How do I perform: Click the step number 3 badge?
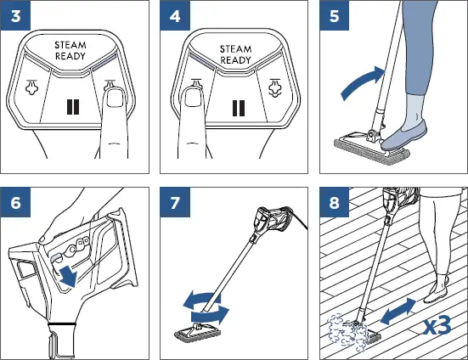click(15, 15)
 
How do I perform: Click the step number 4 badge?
click(175, 15)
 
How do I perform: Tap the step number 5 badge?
click(335, 15)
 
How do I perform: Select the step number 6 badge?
click(15, 202)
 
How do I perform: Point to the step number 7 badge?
click(175, 202)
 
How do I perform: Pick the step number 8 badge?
click(335, 202)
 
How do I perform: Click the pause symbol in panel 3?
click(73, 107)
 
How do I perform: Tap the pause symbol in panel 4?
click(239, 108)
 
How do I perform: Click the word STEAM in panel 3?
click(70, 45)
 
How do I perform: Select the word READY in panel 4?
click(235, 60)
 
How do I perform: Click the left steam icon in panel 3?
click(31, 87)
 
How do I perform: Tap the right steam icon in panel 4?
click(274, 87)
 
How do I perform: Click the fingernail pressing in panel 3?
click(115, 98)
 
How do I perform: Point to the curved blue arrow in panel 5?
click(361, 82)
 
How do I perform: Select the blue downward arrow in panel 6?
click(68, 277)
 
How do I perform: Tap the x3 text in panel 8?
click(437, 326)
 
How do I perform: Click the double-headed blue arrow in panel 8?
click(398, 311)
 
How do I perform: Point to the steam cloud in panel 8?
click(347, 331)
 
